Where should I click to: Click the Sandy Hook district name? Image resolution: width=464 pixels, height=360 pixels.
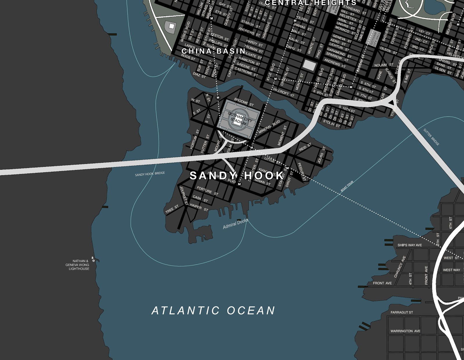[236, 176]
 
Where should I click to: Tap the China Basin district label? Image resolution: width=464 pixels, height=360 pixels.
[213, 51]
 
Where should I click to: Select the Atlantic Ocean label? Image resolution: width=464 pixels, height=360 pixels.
[213, 311]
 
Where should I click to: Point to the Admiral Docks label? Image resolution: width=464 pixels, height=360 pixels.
[235, 224]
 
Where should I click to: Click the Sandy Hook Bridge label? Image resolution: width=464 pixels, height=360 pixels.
[150, 174]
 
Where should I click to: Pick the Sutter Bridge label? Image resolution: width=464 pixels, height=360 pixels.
[431, 137]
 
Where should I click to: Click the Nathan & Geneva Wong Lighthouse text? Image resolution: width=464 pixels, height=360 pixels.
[77, 265]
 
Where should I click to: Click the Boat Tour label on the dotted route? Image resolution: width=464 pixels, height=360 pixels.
[347, 186]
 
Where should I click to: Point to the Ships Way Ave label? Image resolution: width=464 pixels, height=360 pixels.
[409, 245]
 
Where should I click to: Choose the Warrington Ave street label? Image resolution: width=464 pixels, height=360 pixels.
[405, 331]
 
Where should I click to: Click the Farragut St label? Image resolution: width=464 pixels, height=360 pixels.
[401, 312]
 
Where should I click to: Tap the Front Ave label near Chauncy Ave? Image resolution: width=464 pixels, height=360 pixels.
[382, 283]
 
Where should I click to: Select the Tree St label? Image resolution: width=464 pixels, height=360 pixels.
[172, 209]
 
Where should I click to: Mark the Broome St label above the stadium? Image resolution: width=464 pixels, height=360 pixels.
[244, 102]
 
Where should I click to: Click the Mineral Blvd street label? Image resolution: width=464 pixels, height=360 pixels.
[269, 127]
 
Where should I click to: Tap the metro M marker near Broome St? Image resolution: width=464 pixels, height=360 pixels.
[218, 98]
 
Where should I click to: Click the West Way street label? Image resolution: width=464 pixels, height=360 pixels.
[451, 270]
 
